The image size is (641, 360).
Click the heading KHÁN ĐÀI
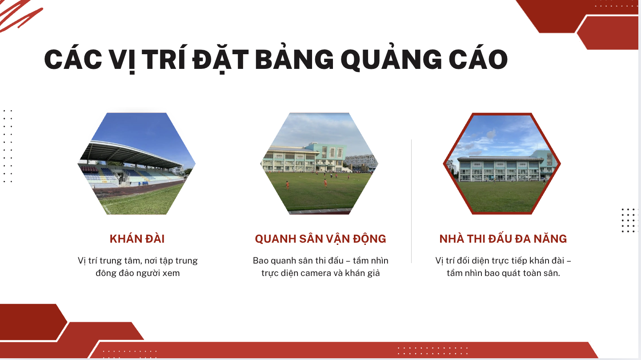137,239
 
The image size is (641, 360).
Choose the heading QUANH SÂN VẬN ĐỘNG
320,239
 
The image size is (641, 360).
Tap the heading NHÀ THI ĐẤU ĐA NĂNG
503,239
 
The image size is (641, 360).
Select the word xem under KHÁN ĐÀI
171,273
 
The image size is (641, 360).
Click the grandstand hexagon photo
136,164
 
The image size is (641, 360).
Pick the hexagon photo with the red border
501,164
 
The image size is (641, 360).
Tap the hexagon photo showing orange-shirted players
319,164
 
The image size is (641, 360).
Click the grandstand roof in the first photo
132,153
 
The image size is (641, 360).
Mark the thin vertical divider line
412,201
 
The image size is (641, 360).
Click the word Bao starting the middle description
260,260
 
